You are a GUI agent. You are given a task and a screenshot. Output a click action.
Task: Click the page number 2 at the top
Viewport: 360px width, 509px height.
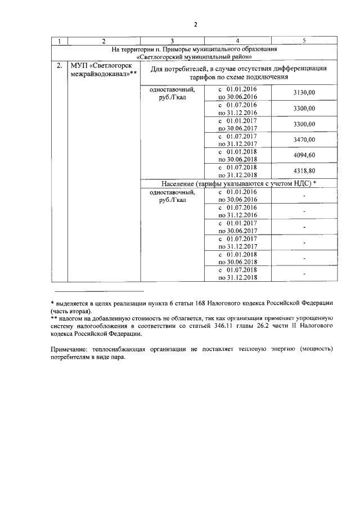click(195, 25)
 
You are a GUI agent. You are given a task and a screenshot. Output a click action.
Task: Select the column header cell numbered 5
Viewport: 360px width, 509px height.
click(304, 41)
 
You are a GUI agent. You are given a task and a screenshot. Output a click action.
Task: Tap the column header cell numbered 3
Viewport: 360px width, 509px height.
click(172, 41)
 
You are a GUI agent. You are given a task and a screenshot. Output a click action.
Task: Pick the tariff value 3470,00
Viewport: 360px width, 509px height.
click(304, 139)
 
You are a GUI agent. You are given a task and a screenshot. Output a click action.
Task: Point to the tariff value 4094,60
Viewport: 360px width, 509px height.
click(304, 155)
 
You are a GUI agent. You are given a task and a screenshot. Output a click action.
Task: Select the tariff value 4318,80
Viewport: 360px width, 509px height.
click(304, 170)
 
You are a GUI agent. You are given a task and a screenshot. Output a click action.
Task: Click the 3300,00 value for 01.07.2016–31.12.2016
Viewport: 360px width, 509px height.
click(304, 109)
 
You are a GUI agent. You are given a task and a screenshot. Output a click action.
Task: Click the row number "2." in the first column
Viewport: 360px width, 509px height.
click(59, 66)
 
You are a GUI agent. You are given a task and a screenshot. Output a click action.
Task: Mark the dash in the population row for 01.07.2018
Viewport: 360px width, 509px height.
click(304, 273)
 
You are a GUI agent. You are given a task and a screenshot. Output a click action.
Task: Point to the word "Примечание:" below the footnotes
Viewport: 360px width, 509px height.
click(69, 349)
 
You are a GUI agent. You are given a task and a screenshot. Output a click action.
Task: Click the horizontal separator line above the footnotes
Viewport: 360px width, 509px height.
click(100, 291)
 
